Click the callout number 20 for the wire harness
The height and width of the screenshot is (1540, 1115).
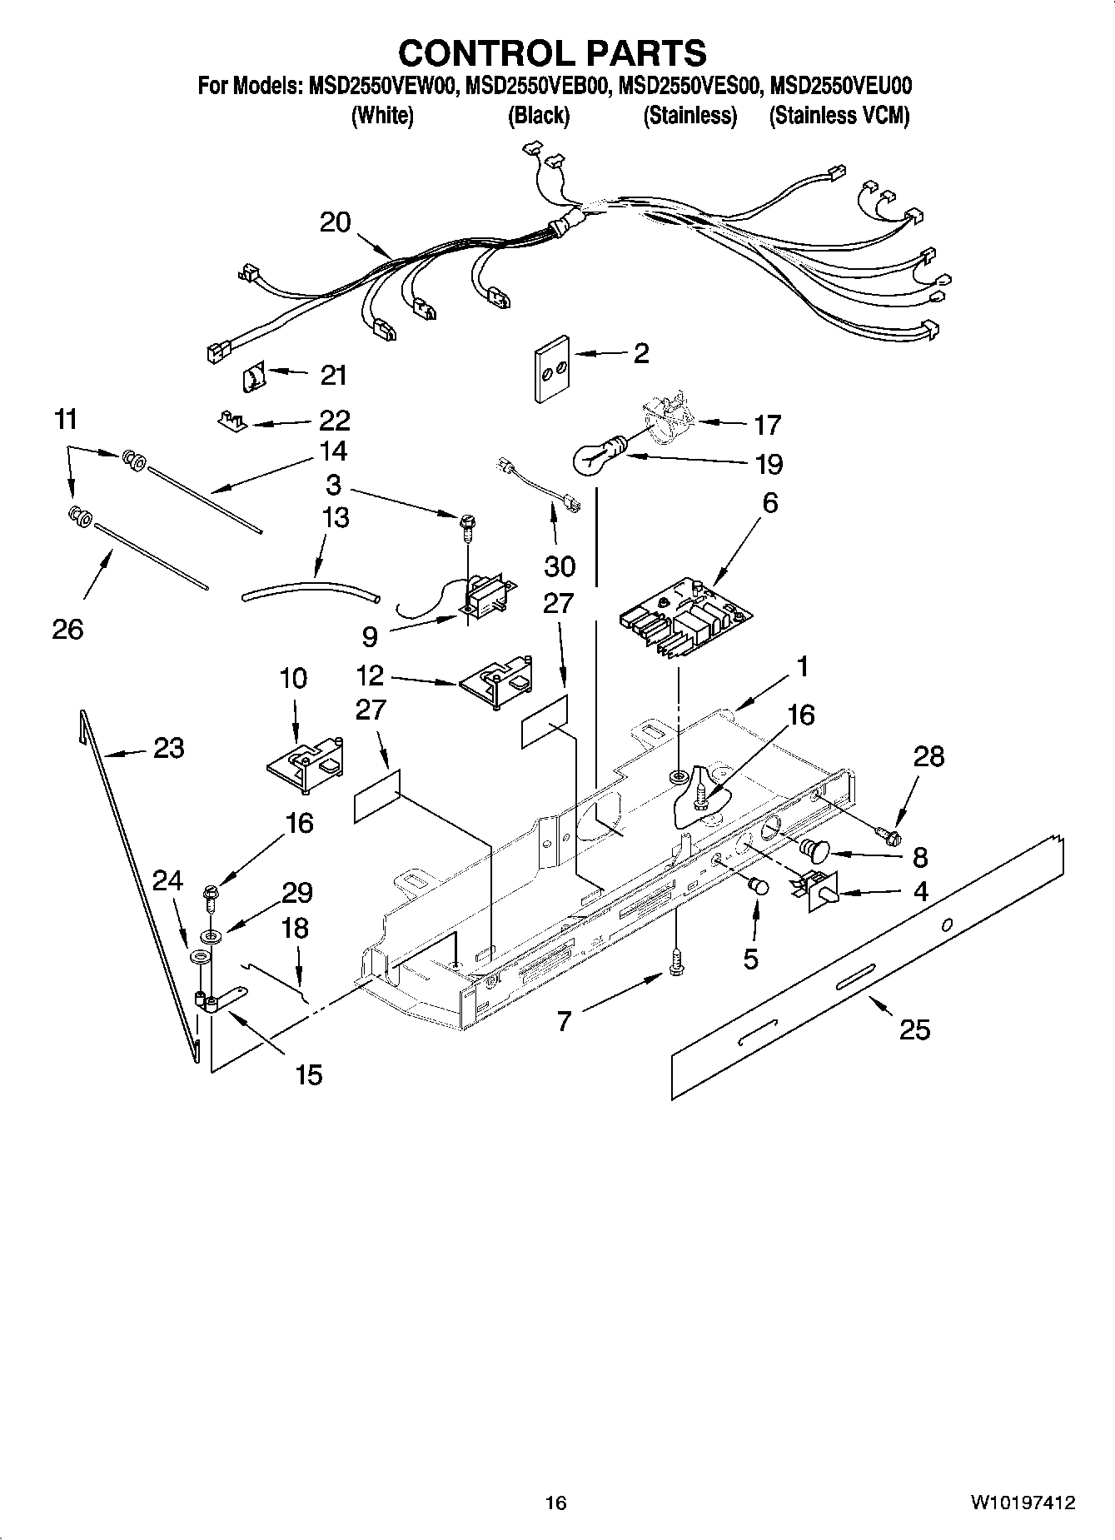click(x=336, y=222)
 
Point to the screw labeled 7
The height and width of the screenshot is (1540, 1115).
click(x=675, y=965)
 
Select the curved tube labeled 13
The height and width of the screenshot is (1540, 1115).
click(x=310, y=590)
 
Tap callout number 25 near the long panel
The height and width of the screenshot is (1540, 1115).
click(x=914, y=1029)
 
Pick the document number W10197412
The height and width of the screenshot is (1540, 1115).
click(x=1022, y=1503)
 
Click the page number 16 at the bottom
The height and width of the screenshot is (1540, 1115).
click(x=555, y=1503)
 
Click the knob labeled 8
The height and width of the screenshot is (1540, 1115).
click(x=814, y=850)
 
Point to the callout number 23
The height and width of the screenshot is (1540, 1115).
click(x=168, y=748)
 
